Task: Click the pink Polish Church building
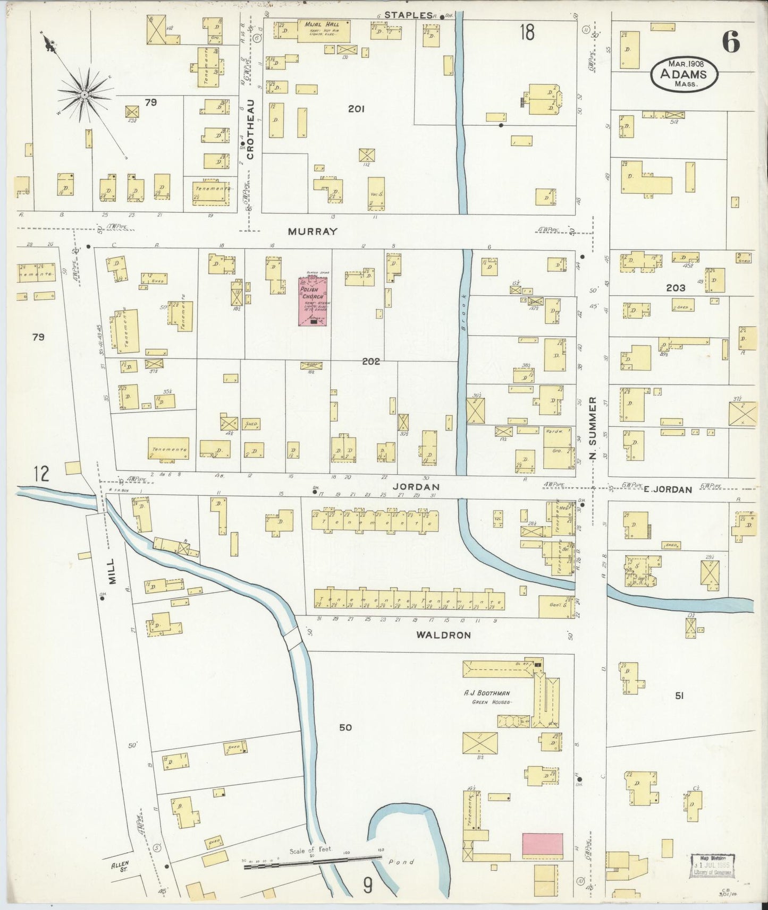click(312, 301)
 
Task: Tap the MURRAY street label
click(313, 231)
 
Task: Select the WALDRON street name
click(443, 634)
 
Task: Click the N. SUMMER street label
click(593, 428)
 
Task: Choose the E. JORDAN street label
click(668, 490)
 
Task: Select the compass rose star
click(84, 95)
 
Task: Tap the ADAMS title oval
click(683, 74)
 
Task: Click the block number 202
click(371, 362)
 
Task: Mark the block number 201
click(356, 109)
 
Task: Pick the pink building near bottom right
click(542, 844)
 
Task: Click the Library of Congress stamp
click(712, 866)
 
